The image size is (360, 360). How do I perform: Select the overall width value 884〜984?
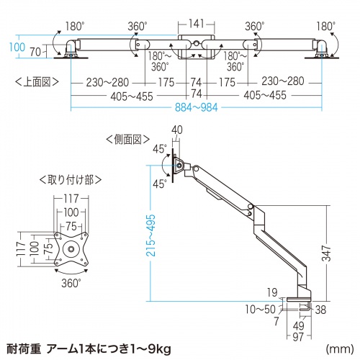click(197, 109)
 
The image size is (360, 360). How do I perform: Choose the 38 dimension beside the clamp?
click(319, 309)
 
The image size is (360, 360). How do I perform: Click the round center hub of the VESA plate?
click(72, 251)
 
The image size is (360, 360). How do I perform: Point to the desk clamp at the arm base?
click(301, 298)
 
